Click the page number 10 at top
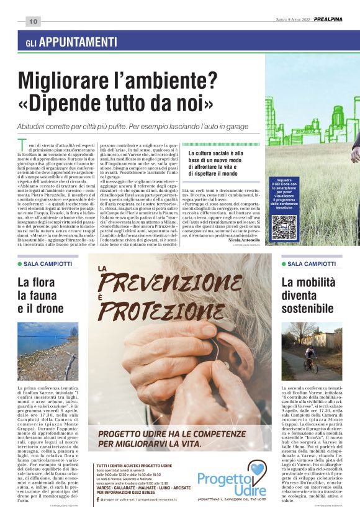click(x=33, y=22)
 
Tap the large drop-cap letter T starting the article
click(x=23, y=145)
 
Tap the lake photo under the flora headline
click(x=48, y=351)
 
